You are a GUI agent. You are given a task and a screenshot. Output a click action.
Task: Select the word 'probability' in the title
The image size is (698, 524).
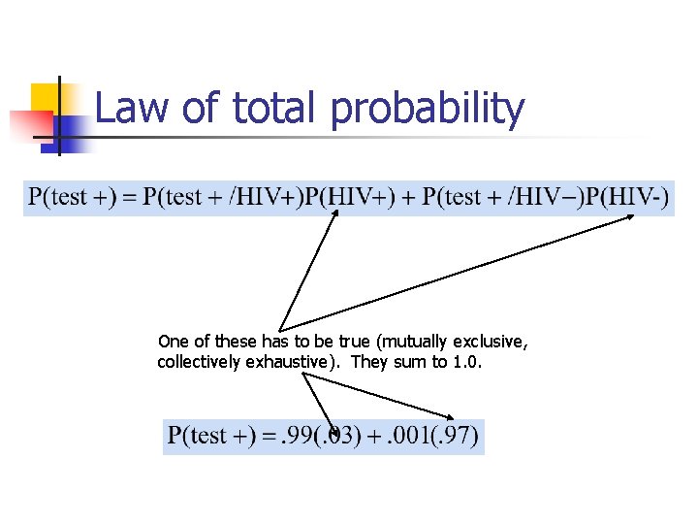click(x=428, y=111)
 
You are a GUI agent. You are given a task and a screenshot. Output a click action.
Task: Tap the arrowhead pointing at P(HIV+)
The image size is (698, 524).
click(x=335, y=215)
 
